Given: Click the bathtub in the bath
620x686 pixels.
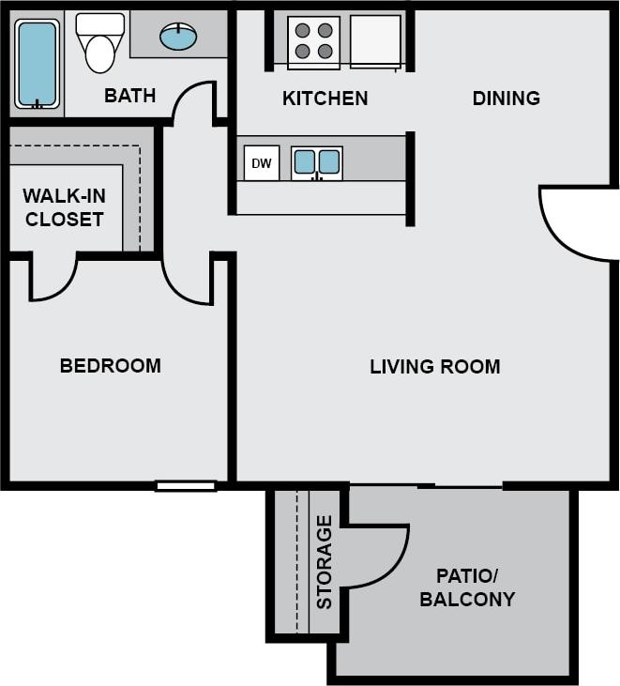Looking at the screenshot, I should pyautogui.click(x=37, y=64).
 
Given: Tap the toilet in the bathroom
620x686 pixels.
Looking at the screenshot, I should pyautogui.click(x=99, y=44).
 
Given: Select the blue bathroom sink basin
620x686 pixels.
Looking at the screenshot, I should pyautogui.click(x=178, y=37).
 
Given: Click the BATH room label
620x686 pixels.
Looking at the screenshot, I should pyautogui.click(x=129, y=96).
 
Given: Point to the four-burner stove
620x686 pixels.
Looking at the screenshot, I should pyautogui.click(x=314, y=41).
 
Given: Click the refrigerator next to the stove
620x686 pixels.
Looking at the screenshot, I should pyautogui.click(x=376, y=41).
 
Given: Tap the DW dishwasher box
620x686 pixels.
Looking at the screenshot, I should pyautogui.click(x=262, y=163).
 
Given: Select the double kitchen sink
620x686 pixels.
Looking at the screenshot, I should pyautogui.click(x=316, y=162).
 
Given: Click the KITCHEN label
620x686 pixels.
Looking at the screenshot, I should pyautogui.click(x=325, y=98).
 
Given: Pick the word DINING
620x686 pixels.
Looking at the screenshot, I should pyautogui.click(x=506, y=98).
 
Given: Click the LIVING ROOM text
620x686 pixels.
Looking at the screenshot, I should pyautogui.click(x=434, y=366).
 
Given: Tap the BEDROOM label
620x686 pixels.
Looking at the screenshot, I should pyautogui.click(x=110, y=365).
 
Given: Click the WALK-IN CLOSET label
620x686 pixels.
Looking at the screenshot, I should pyautogui.click(x=64, y=207).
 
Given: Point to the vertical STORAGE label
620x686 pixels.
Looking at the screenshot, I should pyautogui.click(x=325, y=562).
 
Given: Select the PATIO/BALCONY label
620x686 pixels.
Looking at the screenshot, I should pyautogui.click(x=467, y=587).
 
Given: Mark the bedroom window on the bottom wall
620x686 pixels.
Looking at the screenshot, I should pyautogui.click(x=186, y=485).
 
